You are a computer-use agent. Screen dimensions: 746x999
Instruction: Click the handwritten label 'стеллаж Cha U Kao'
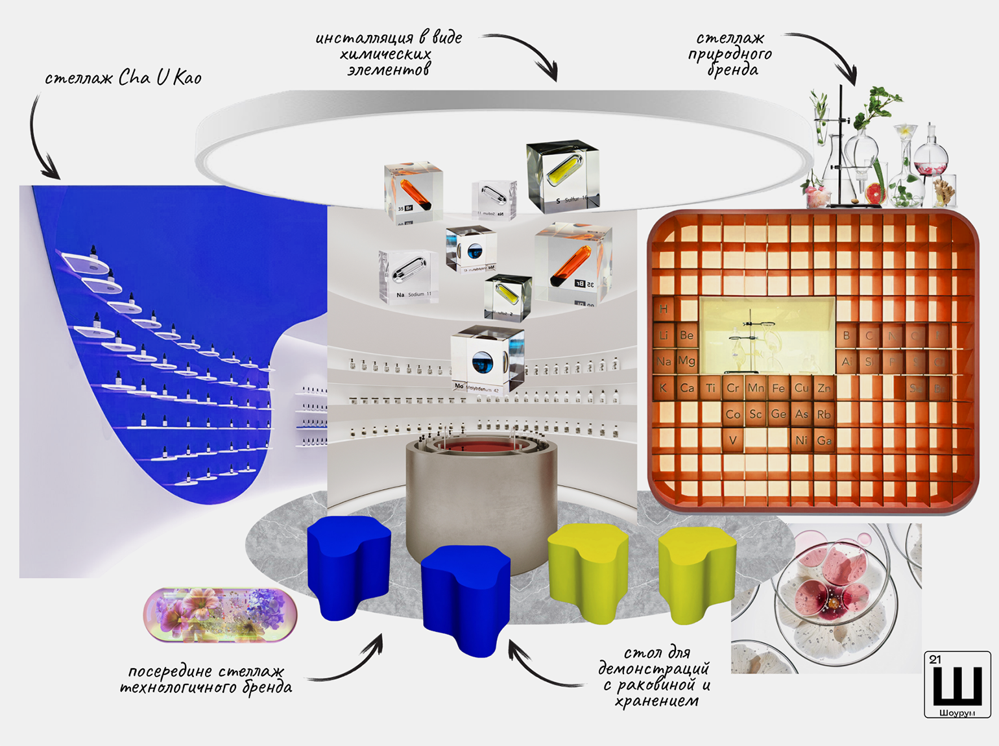click(123, 78)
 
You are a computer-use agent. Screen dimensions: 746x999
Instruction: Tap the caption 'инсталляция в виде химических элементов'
click(389, 54)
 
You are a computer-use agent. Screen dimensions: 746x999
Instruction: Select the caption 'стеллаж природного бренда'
click(730, 54)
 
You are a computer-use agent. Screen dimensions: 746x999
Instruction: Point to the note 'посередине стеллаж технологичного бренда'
click(206, 679)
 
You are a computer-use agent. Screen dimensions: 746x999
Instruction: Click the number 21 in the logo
click(935, 660)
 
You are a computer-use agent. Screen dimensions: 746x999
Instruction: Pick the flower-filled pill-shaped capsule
click(221, 614)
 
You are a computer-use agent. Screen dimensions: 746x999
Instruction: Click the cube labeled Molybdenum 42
click(487, 361)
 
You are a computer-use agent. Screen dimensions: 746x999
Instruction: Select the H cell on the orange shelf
click(663, 309)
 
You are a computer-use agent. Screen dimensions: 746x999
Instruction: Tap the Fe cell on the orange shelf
click(778, 388)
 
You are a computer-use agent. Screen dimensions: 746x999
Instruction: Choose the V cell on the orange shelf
click(733, 440)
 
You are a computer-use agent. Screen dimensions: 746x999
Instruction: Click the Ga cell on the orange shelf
click(824, 440)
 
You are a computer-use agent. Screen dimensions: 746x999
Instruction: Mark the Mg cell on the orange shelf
click(686, 361)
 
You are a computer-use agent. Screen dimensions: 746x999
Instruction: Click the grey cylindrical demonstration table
click(481, 499)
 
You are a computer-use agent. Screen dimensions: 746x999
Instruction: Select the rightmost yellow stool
click(697, 571)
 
